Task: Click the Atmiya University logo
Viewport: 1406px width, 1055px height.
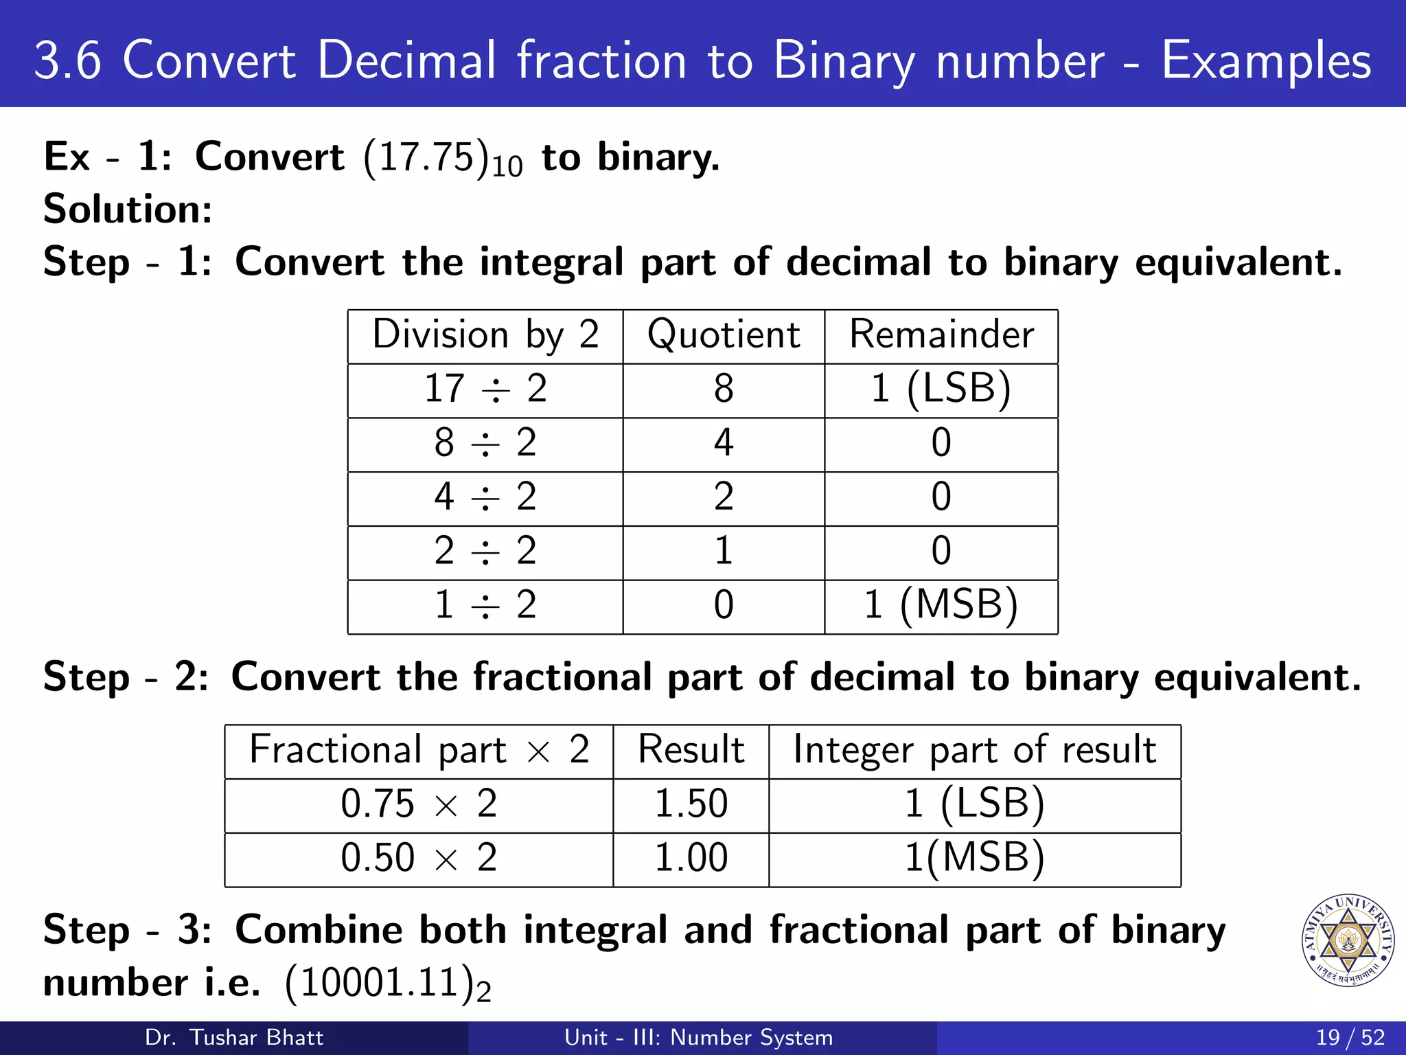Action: coord(1347,940)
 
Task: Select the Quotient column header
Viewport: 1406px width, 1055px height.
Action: coord(724,335)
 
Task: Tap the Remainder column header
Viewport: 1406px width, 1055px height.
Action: coord(941,335)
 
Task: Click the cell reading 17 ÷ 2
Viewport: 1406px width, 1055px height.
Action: coord(485,389)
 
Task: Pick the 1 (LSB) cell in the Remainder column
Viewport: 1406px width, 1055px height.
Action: coord(941,389)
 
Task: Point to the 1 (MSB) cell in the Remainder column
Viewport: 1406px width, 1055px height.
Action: coord(941,605)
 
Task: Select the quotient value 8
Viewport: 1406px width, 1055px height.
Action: coord(724,389)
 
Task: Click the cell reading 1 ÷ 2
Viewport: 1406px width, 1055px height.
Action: coord(485,605)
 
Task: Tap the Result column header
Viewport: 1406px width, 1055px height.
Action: coord(691,749)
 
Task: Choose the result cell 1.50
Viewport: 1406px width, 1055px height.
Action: coord(691,804)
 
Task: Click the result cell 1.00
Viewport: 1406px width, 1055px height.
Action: coord(691,858)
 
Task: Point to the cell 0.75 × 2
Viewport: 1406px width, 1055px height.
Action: coord(419,804)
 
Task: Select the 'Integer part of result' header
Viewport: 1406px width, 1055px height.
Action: coord(975,749)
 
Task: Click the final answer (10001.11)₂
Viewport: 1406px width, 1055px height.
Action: coord(388,984)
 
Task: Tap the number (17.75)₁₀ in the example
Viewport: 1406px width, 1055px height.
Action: coord(443,158)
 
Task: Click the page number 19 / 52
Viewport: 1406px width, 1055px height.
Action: coord(1350,1037)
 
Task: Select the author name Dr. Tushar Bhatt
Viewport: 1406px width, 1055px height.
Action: coord(234,1037)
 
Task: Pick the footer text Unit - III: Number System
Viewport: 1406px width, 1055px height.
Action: coord(698,1037)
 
